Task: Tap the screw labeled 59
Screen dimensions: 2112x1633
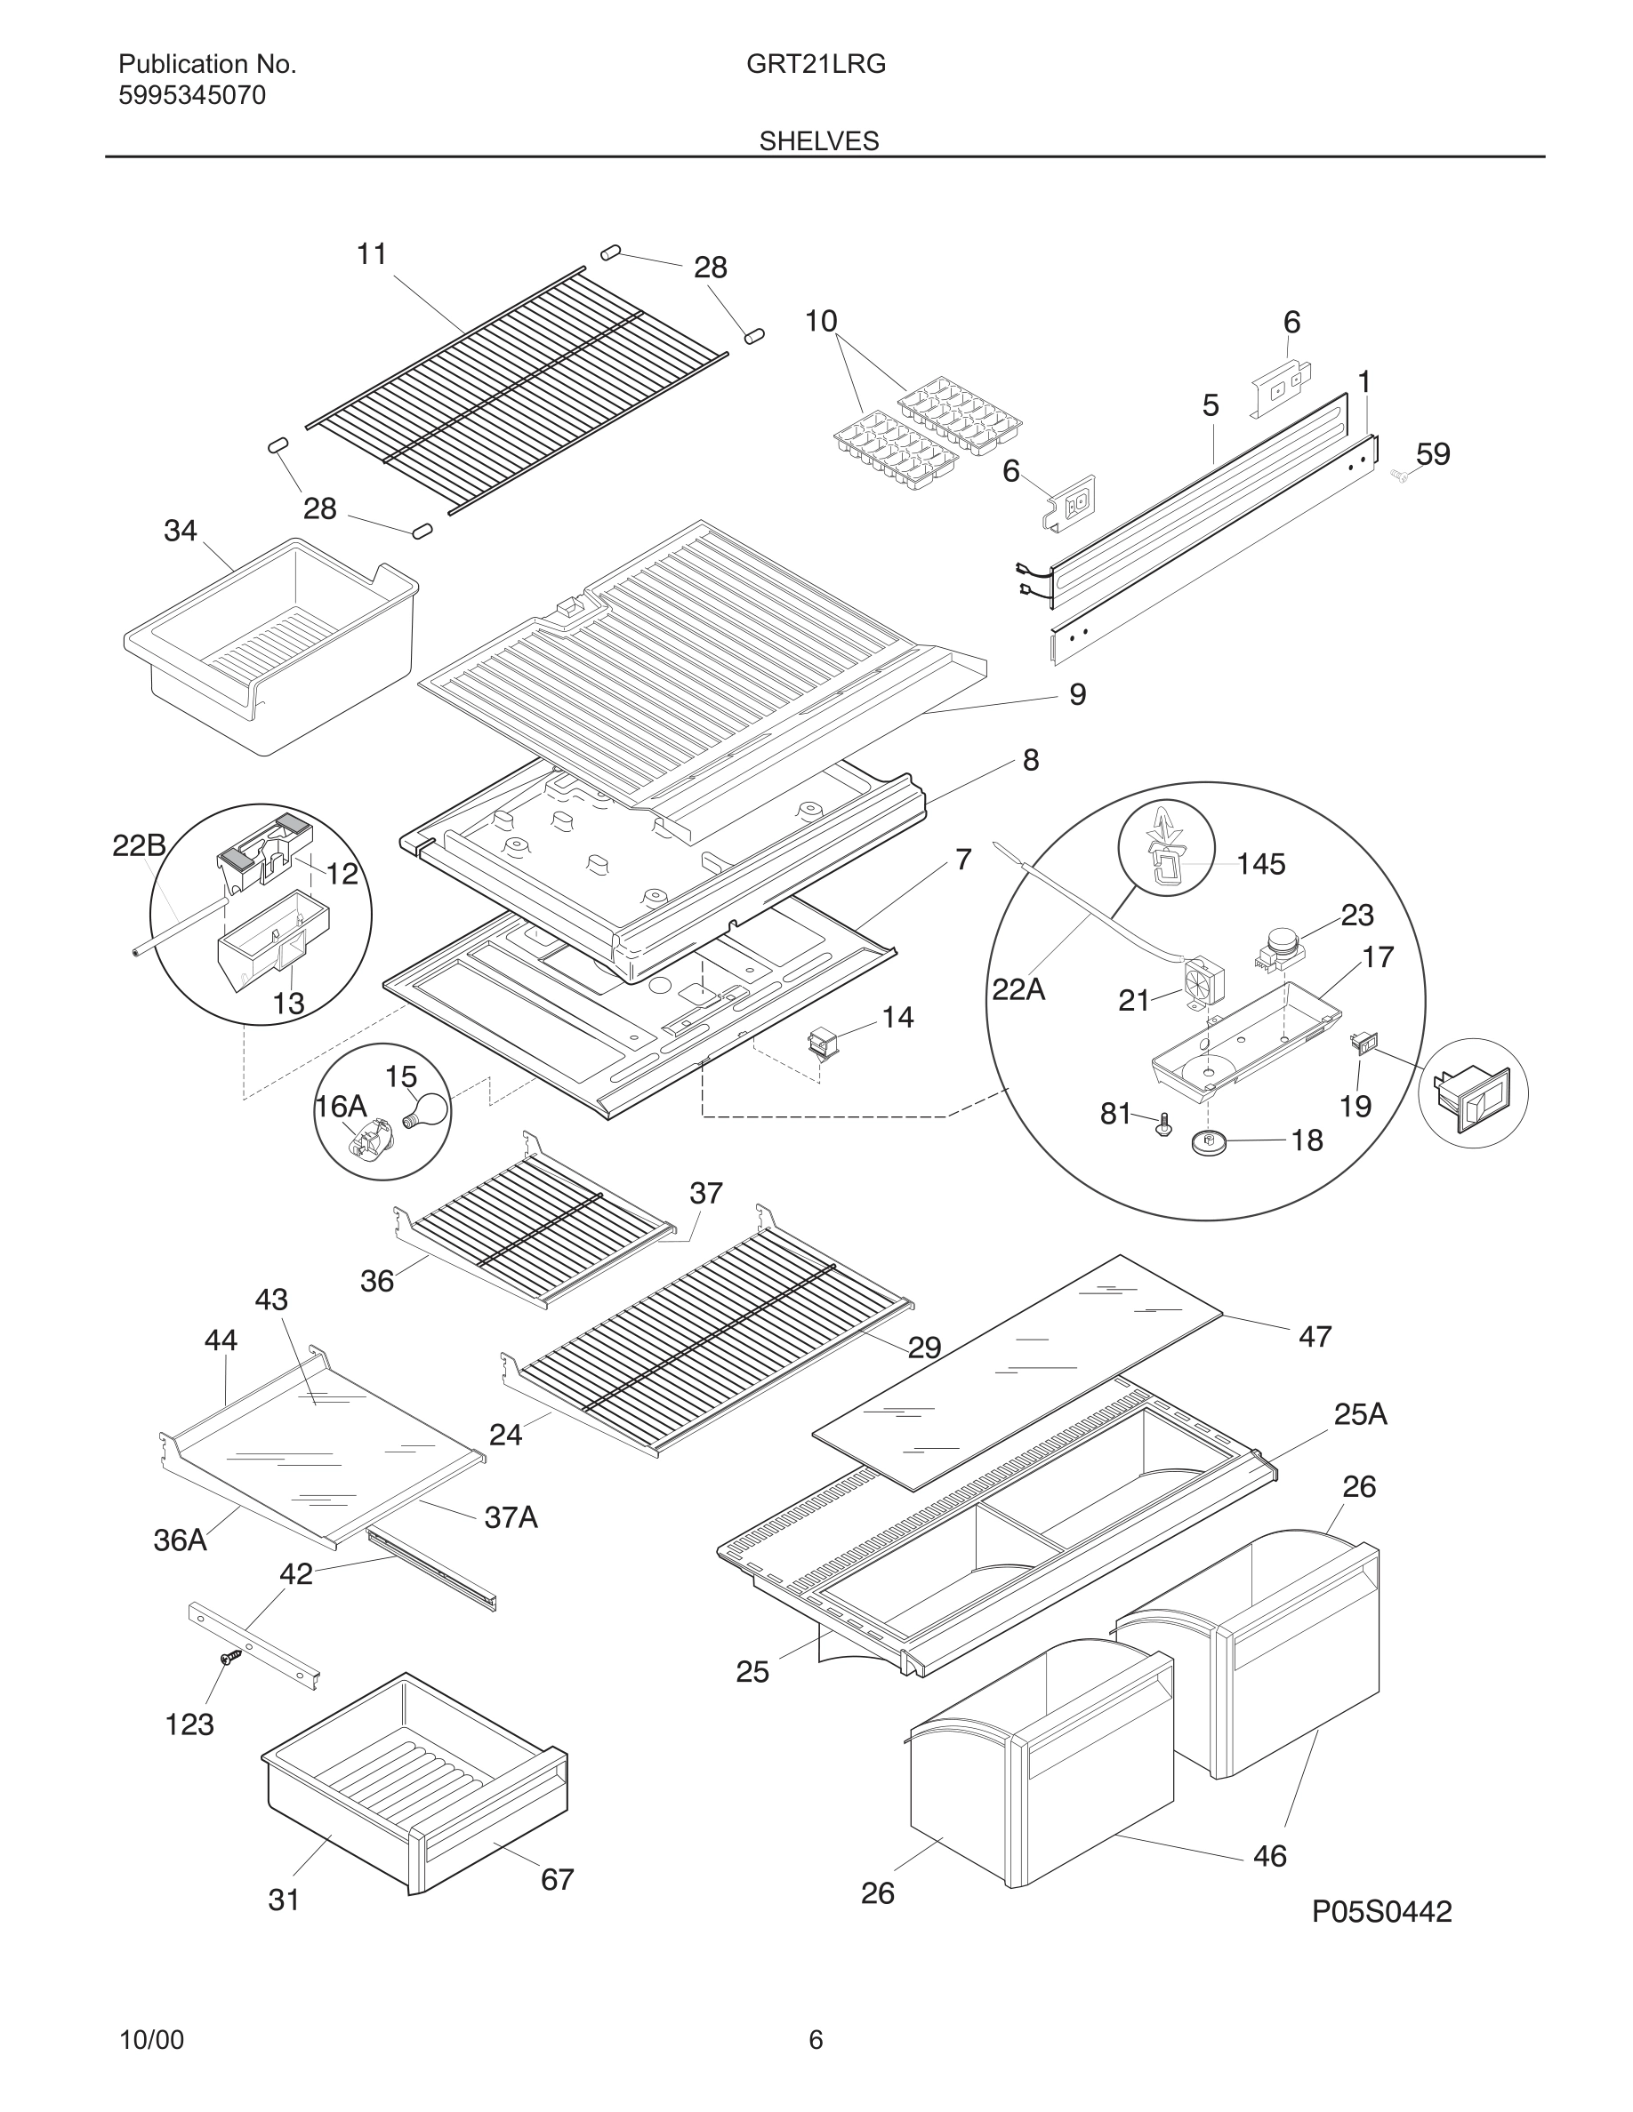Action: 1400,474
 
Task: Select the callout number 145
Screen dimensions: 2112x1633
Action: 1260,864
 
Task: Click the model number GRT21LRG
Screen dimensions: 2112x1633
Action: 816,65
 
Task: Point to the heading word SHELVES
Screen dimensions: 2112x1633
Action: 818,141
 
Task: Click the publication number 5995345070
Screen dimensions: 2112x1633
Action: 191,96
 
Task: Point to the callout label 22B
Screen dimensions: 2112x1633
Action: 139,846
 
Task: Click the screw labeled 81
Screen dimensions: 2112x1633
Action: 1163,1124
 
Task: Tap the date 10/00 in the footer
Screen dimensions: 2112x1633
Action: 151,2040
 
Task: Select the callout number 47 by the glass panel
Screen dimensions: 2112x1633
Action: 1315,1336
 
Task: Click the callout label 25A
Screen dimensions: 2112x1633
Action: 1360,1415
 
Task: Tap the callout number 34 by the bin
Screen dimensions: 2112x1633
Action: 180,531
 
